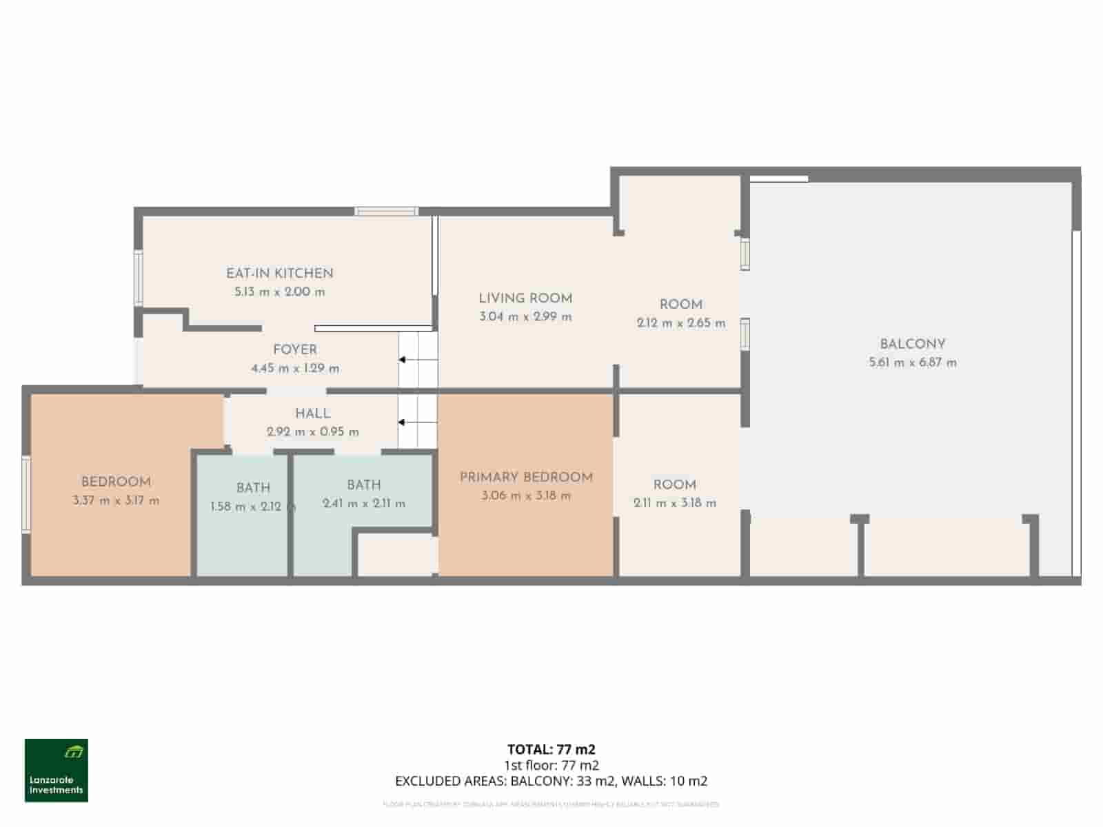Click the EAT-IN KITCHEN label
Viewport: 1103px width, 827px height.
coord(279,273)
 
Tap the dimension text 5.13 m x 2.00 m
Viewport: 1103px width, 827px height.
coord(279,292)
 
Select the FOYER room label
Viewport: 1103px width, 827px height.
coord(294,349)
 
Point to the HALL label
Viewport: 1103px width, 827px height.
coord(312,413)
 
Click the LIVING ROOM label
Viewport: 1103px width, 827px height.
coord(525,298)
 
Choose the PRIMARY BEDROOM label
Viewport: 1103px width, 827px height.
coord(526,477)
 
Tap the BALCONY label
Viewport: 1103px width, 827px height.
coord(912,344)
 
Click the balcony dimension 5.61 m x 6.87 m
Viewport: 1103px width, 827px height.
coord(912,363)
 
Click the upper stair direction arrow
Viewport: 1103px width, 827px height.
coord(403,360)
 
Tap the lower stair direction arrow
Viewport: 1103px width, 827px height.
coord(403,422)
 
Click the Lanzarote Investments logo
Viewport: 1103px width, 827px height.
coord(57,770)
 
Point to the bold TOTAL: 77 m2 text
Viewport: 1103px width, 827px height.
coord(551,749)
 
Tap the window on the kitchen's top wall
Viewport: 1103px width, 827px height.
coord(386,211)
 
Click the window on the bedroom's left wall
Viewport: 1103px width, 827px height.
coord(26,493)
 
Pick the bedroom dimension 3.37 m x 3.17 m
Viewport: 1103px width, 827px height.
coord(116,501)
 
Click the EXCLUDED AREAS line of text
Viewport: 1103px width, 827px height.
coord(551,781)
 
